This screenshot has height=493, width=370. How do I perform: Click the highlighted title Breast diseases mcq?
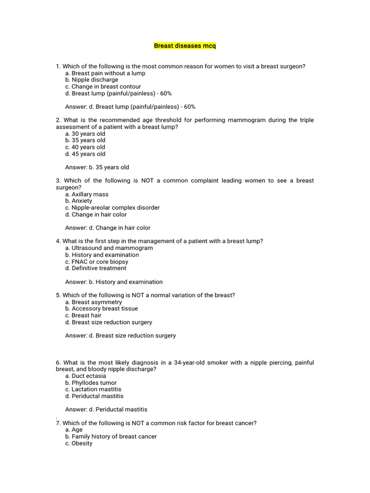(x=185, y=46)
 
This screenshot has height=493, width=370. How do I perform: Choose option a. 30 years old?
(x=85, y=134)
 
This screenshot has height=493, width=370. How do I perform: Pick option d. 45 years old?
(x=85, y=154)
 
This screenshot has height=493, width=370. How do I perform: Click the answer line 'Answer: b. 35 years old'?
(x=97, y=168)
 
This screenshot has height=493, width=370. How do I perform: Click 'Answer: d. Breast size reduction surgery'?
(x=120, y=336)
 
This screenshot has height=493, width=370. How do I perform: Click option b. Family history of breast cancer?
(x=111, y=437)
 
